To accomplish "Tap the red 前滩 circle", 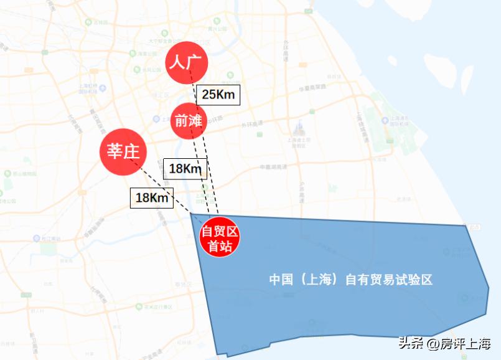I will tap(189, 121).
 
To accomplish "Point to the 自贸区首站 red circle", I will tap(220, 237).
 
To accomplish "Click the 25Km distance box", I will tap(218, 95).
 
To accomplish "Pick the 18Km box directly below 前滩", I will tap(185, 168).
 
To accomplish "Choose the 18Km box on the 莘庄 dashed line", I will tap(152, 197).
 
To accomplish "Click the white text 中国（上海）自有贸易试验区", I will tap(350, 280).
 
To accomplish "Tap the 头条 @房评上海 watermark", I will tap(444, 343).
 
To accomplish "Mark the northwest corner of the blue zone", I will tap(191, 214).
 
